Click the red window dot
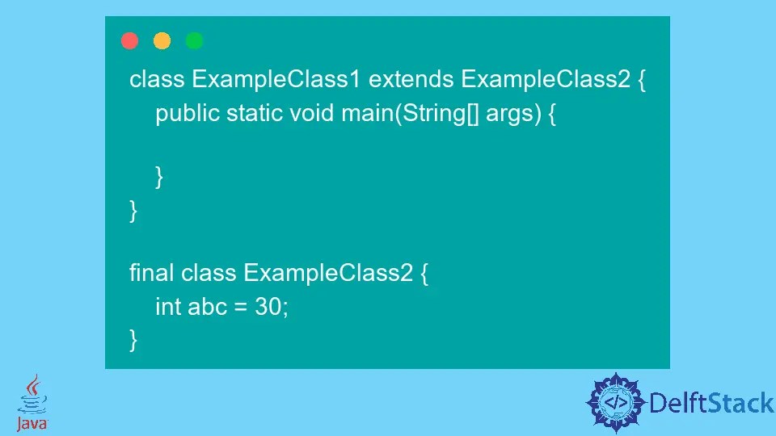coord(129,41)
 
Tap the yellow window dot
coord(162,41)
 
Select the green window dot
coord(195,41)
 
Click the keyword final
coord(151,273)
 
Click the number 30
coord(270,307)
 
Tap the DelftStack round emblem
coord(617,402)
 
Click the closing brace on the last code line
coord(133,339)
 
